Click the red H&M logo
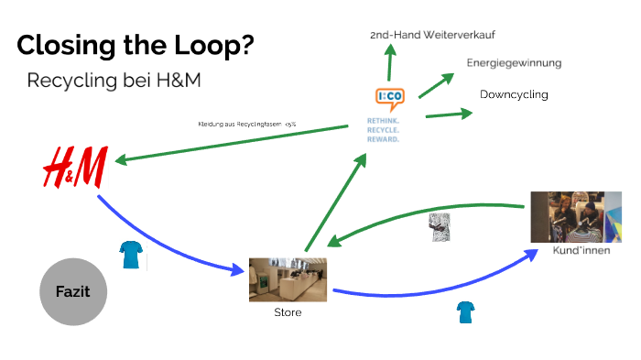[75, 168]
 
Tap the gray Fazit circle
[73, 293]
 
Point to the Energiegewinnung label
[514, 63]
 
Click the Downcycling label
[514, 94]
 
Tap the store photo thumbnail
[288, 279]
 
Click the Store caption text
[288, 312]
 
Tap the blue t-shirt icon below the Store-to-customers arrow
[465, 313]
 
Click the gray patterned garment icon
[440, 227]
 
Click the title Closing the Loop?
[136, 45]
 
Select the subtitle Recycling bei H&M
[114, 81]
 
